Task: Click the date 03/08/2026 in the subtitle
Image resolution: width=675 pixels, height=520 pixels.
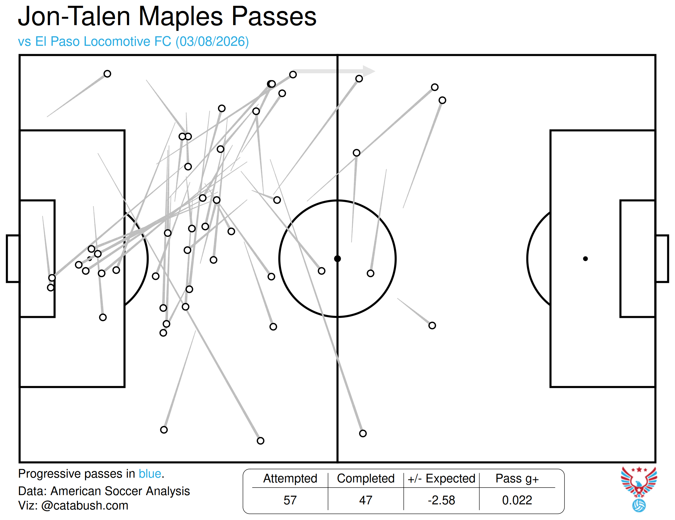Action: pyautogui.click(x=212, y=41)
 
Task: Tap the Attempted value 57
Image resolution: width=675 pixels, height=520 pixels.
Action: pyautogui.click(x=290, y=500)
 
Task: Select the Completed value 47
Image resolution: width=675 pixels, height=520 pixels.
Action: pyautogui.click(x=366, y=500)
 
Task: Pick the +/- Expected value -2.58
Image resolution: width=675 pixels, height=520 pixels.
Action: pyautogui.click(x=441, y=500)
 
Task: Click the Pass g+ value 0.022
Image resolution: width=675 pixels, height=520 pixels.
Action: pyautogui.click(x=517, y=500)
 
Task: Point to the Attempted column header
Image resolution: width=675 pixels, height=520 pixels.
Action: pyautogui.click(x=290, y=479)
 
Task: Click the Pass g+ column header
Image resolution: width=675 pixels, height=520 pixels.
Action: pyautogui.click(x=517, y=479)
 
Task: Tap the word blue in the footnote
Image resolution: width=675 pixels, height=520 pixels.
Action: pyautogui.click(x=150, y=474)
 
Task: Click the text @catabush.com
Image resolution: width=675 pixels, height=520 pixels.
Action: pyautogui.click(x=85, y=506)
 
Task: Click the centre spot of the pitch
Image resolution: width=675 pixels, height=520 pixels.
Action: pyautogui.click(x=338, y=259)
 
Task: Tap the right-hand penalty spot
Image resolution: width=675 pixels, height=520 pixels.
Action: pyautogui.click(x=585, y=259)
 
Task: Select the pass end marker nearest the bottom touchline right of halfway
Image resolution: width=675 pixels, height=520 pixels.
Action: pyautogui.click(x=363, y=433)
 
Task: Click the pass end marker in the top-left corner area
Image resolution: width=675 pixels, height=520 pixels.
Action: pyautogui.click(x=107, y=74)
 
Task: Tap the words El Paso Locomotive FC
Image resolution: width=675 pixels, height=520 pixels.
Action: pyautogui.click(x=103, y=41)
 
